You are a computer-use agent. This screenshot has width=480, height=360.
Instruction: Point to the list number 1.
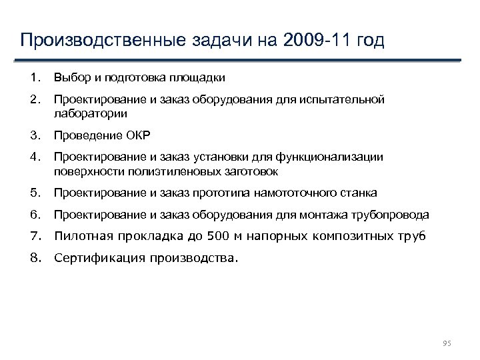[35, 78]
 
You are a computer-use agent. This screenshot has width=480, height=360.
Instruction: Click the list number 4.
[35, 157]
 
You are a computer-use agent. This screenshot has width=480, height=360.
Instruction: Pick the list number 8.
[35, 257]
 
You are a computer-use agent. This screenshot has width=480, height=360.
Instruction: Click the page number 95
[447, 343]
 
